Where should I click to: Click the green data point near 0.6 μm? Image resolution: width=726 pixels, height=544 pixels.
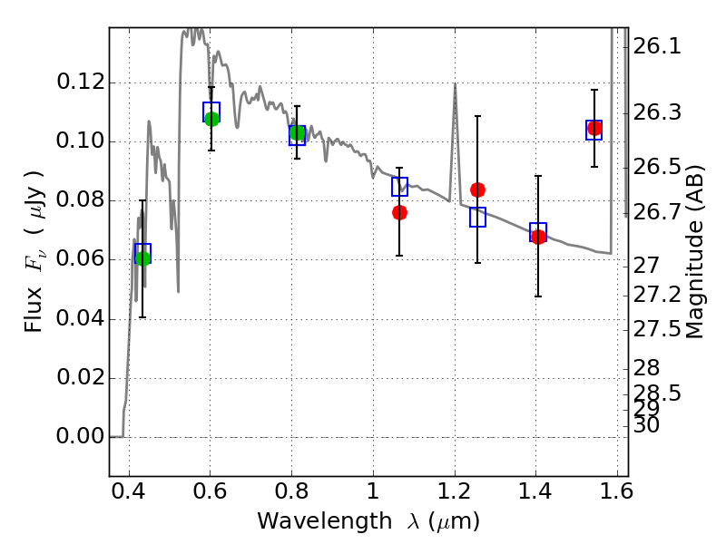211,119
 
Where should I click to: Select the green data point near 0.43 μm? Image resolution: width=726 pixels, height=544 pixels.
142,258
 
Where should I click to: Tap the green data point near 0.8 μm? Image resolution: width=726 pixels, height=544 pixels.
297,133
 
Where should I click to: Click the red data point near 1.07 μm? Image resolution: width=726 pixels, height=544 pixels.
399,212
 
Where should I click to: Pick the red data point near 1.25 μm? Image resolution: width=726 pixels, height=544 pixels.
477,189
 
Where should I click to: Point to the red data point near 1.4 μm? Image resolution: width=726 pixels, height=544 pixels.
538,237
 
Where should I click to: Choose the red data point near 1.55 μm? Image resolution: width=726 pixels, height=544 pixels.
594,129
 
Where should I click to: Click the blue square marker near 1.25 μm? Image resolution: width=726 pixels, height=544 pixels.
477,217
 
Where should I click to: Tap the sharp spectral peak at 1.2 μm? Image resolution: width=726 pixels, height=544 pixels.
454,84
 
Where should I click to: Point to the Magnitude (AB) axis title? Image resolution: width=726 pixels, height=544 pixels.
695,252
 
